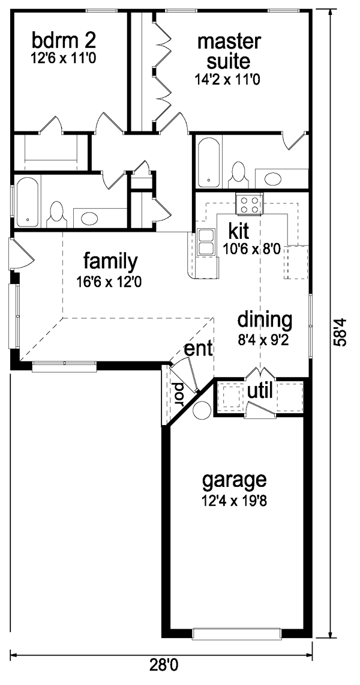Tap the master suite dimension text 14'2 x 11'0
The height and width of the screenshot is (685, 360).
[x=228, y=80]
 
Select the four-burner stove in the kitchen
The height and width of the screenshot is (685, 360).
[x=250, y=205]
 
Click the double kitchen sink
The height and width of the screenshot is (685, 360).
[x=205, y=241]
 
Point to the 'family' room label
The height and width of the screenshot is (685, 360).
[x=111, y=262]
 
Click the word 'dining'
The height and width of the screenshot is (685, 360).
[x=265, y=321]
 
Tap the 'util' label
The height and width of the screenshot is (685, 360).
[x=260, y=391]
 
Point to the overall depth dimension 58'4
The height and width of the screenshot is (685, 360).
[x=341, y=331]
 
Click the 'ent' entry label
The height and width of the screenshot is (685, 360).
[x=199, y=349]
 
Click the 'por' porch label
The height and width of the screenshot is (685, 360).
[x=178, y=394]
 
